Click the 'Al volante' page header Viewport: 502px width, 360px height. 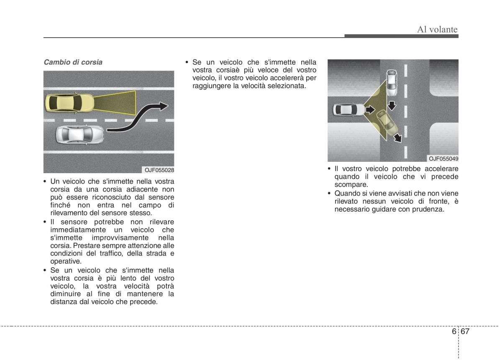(437, 29)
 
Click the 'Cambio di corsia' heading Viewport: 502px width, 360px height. (73, 62)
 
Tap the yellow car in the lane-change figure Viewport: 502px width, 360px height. (70, 103)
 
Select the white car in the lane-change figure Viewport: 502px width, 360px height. (80, 134)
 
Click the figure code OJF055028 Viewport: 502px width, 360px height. (159, 170)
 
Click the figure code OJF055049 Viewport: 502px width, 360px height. (443, 158)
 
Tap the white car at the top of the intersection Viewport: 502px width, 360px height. (391, 83)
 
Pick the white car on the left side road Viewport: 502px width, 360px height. (349, 110)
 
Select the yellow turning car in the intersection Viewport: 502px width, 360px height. (387, 123)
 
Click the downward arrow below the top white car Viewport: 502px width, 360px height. (392, 106)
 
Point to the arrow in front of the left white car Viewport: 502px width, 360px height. (370, 110)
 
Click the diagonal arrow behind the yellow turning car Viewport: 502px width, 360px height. (397, 138)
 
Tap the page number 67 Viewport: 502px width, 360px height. (465, 331)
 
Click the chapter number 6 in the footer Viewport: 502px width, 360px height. (454, 331)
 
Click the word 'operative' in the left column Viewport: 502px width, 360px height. (66, 261)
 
